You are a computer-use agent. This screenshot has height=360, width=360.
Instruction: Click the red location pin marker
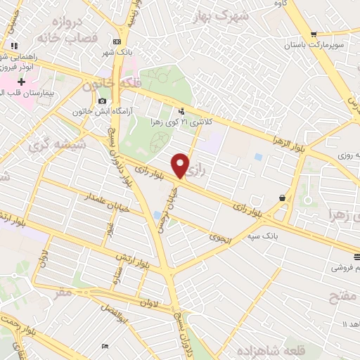tap(180, 165)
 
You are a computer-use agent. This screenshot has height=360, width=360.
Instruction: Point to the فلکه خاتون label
tap(108, 85)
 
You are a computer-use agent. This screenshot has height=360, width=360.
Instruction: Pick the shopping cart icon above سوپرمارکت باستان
tap(314, 33)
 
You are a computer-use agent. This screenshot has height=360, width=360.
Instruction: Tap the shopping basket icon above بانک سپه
tap(282, 198)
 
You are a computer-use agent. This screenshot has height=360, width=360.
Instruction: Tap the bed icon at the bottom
tap(105, 347)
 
